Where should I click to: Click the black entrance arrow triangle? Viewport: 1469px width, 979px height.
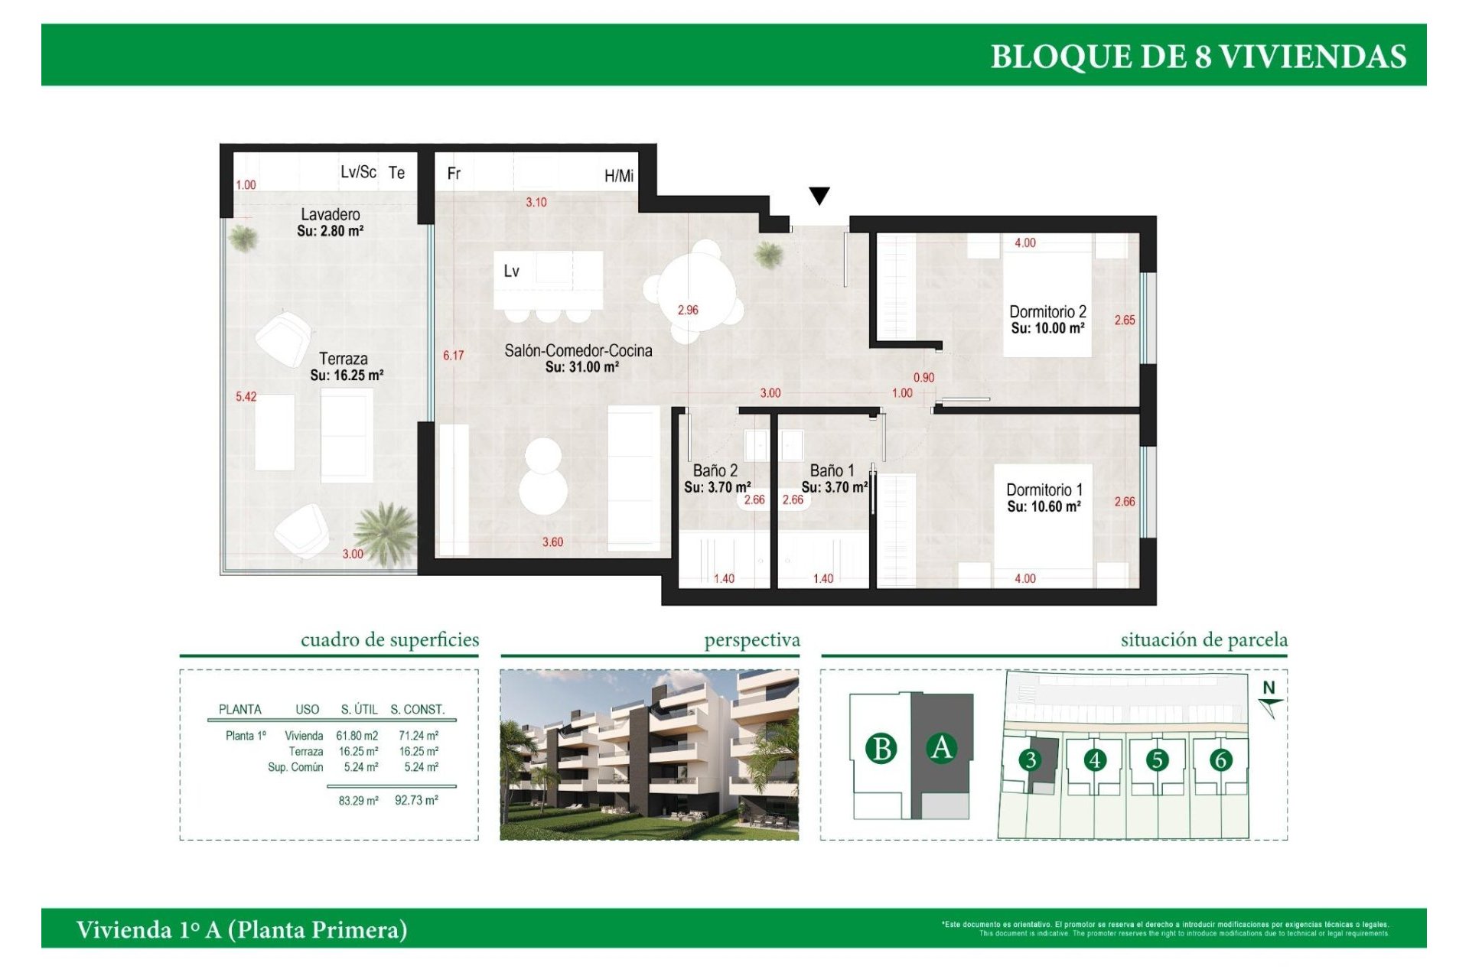click(x=819, y=195)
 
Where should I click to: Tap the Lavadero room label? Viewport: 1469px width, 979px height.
click(x=330, y=214)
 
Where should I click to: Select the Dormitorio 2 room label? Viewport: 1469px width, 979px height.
click(x=1047, y=311)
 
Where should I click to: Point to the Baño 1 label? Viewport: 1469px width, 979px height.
click(x=832, y=470)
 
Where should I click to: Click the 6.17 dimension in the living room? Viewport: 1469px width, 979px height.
click(x=453, y=356)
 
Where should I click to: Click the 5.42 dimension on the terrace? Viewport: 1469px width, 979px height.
click(x=246, y=396)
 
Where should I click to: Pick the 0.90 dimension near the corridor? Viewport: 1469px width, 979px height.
click(x=923, y=377)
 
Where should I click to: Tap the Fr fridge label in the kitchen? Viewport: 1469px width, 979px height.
click(x=454, y=174)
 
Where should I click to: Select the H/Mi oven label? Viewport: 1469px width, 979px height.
click(x=618, y=176)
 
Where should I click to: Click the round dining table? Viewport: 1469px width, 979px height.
click(x=697, y=292)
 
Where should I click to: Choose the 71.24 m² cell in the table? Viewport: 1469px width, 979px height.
click(x=418, y=736)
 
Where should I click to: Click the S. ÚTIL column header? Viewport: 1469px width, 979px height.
click(x=360, y=709)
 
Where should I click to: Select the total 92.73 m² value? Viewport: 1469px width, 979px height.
click(x=416, y=800)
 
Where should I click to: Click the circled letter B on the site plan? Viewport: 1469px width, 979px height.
click(x=881, y=748)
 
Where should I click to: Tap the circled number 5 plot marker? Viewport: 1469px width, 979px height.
click(x=1157, y=759)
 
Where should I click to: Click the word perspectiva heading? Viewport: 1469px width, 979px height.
click(x=751, y=639)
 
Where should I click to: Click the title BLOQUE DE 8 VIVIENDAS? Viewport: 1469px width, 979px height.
click(x=1197, y=57)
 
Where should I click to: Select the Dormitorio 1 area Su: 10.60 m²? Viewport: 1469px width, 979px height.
click(x=1044, y=506)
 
